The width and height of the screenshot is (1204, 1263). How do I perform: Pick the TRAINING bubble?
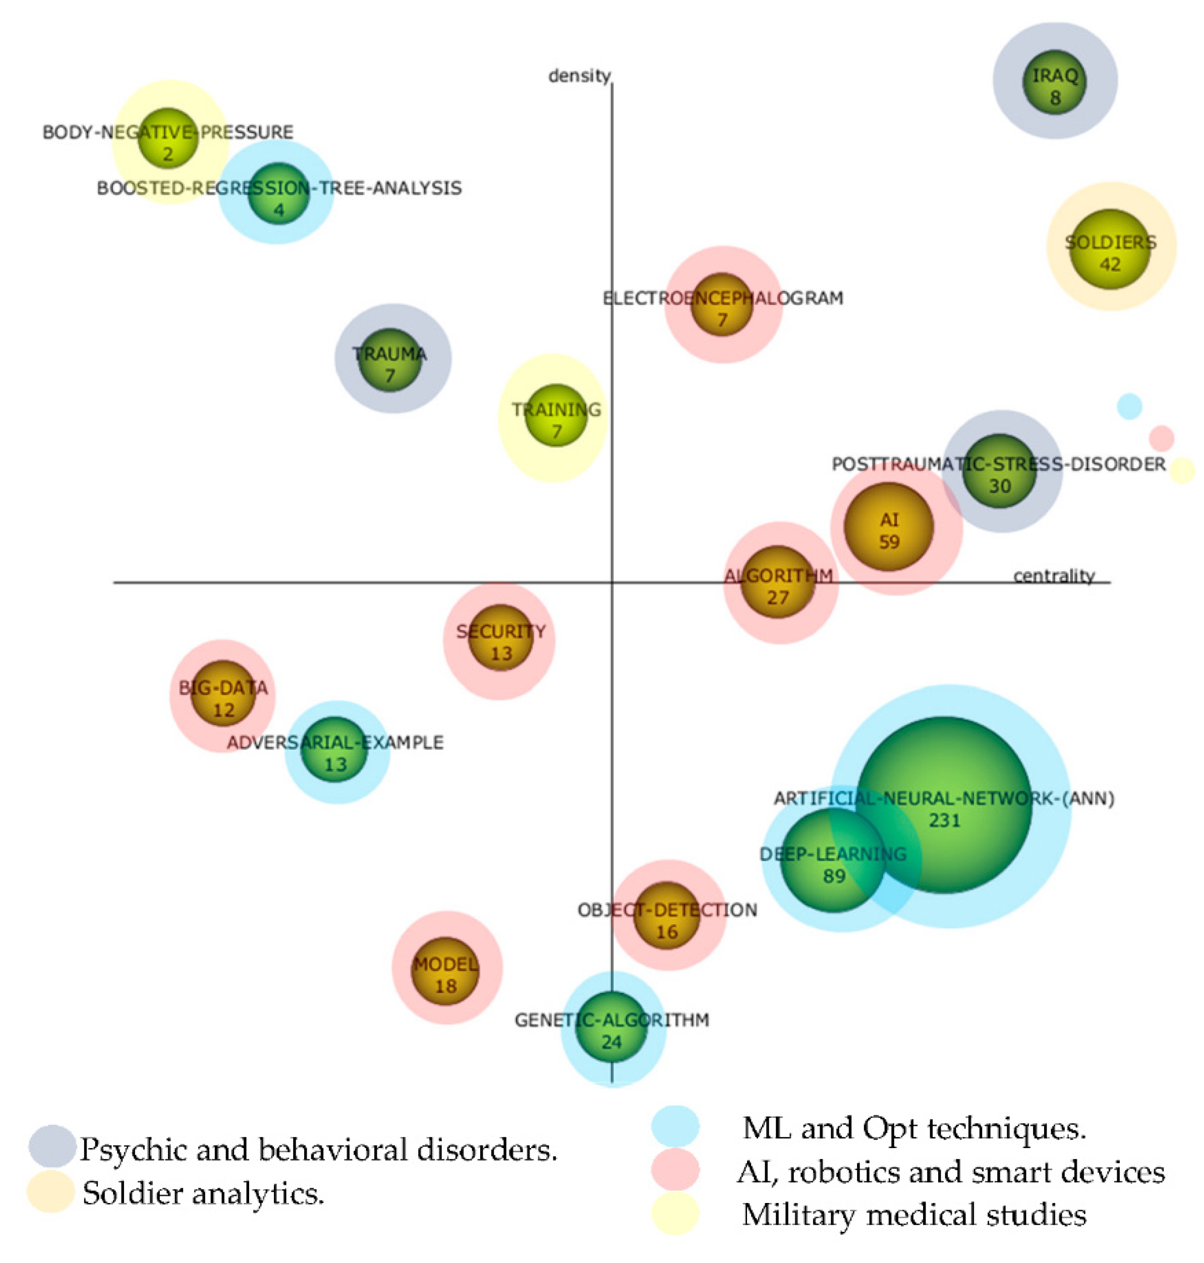click(556, 415)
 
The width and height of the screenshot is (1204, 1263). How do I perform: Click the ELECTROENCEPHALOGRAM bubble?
click(722, 305)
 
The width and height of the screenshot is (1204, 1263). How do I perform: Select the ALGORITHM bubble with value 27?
click(778, 582)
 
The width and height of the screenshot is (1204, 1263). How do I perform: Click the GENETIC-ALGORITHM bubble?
click(612, 1027)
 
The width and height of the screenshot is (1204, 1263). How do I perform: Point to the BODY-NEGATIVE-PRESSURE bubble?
click(167, 138)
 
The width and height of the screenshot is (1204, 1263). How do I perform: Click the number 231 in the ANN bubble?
click(944, 820)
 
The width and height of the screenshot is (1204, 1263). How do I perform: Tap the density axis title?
click(579, 76)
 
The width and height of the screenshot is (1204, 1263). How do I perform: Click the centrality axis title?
click(1053, 576)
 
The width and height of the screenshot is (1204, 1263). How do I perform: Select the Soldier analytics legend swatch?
click(51, 1192)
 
